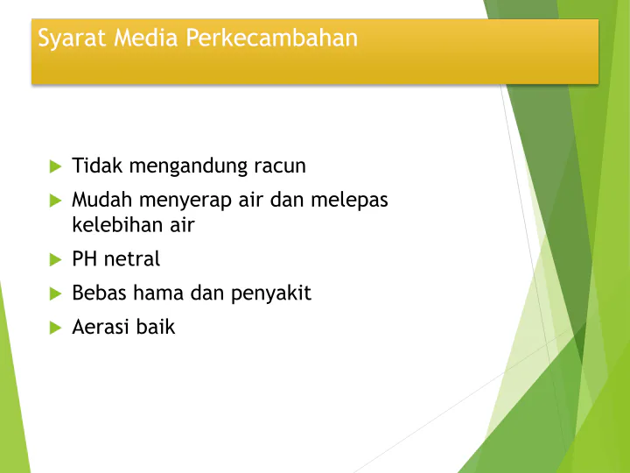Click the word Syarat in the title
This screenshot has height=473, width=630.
point(67,39)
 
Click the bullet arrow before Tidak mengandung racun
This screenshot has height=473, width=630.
point(55,166)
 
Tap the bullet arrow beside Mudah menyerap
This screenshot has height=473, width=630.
point(55,201)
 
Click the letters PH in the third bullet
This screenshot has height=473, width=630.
point(85,258)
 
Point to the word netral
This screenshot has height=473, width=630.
point(132,258)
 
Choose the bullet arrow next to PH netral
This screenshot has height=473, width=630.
point(55,259)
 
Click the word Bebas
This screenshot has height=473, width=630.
point(99,293)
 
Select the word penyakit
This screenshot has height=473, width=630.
point(271,293)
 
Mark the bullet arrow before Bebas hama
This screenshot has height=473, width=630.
point(55,293)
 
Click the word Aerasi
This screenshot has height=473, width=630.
point(101,327)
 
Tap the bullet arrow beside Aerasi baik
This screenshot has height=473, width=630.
point(55,328)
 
